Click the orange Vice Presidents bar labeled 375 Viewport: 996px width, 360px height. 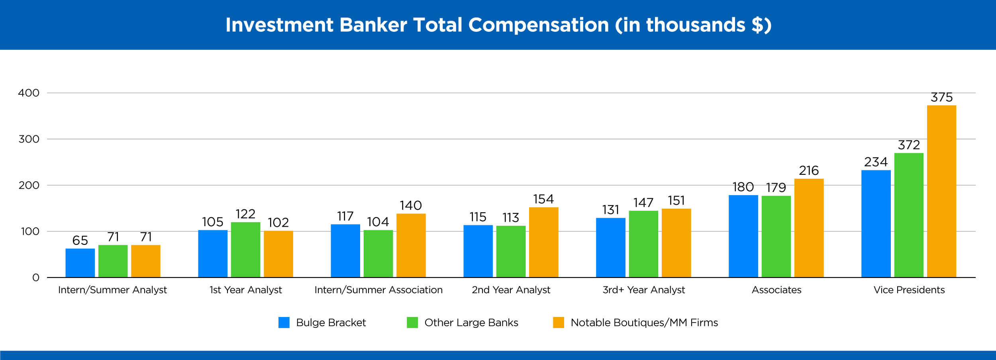tap(941, 191)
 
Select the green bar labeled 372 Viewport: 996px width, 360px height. tap(909, 215)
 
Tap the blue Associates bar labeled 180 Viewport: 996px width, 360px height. tap(743, 236)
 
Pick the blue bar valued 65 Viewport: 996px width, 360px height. tap(80, 263)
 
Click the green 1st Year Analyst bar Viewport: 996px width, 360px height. tap(245, 250)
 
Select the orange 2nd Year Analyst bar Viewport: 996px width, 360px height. tap(543, 242)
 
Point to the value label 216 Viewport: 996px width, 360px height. tap(809, 171)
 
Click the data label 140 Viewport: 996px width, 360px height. tap(411, 205)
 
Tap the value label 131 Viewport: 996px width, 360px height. tap(610, 210)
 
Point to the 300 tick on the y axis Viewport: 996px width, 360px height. tap(29, 139)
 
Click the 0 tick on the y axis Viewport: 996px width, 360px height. tap(35, 278)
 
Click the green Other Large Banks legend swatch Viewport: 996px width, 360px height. tap(412, 323)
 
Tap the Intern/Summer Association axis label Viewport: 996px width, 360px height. tap(378, 290)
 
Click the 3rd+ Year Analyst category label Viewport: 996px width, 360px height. tap(643, 290)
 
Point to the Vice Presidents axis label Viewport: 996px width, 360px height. tap(909, 290)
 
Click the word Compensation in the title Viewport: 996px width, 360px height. tap(538, 25)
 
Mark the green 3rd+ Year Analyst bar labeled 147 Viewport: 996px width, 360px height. tap(643, 244)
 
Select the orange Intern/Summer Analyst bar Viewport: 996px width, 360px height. tap(146, 261)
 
